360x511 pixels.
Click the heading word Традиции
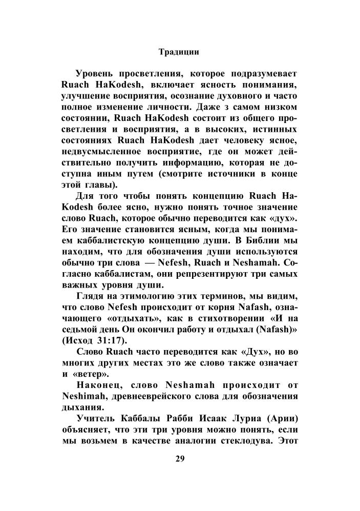click(x=179, y=51)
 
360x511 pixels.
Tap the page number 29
click(x=179, y=458)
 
